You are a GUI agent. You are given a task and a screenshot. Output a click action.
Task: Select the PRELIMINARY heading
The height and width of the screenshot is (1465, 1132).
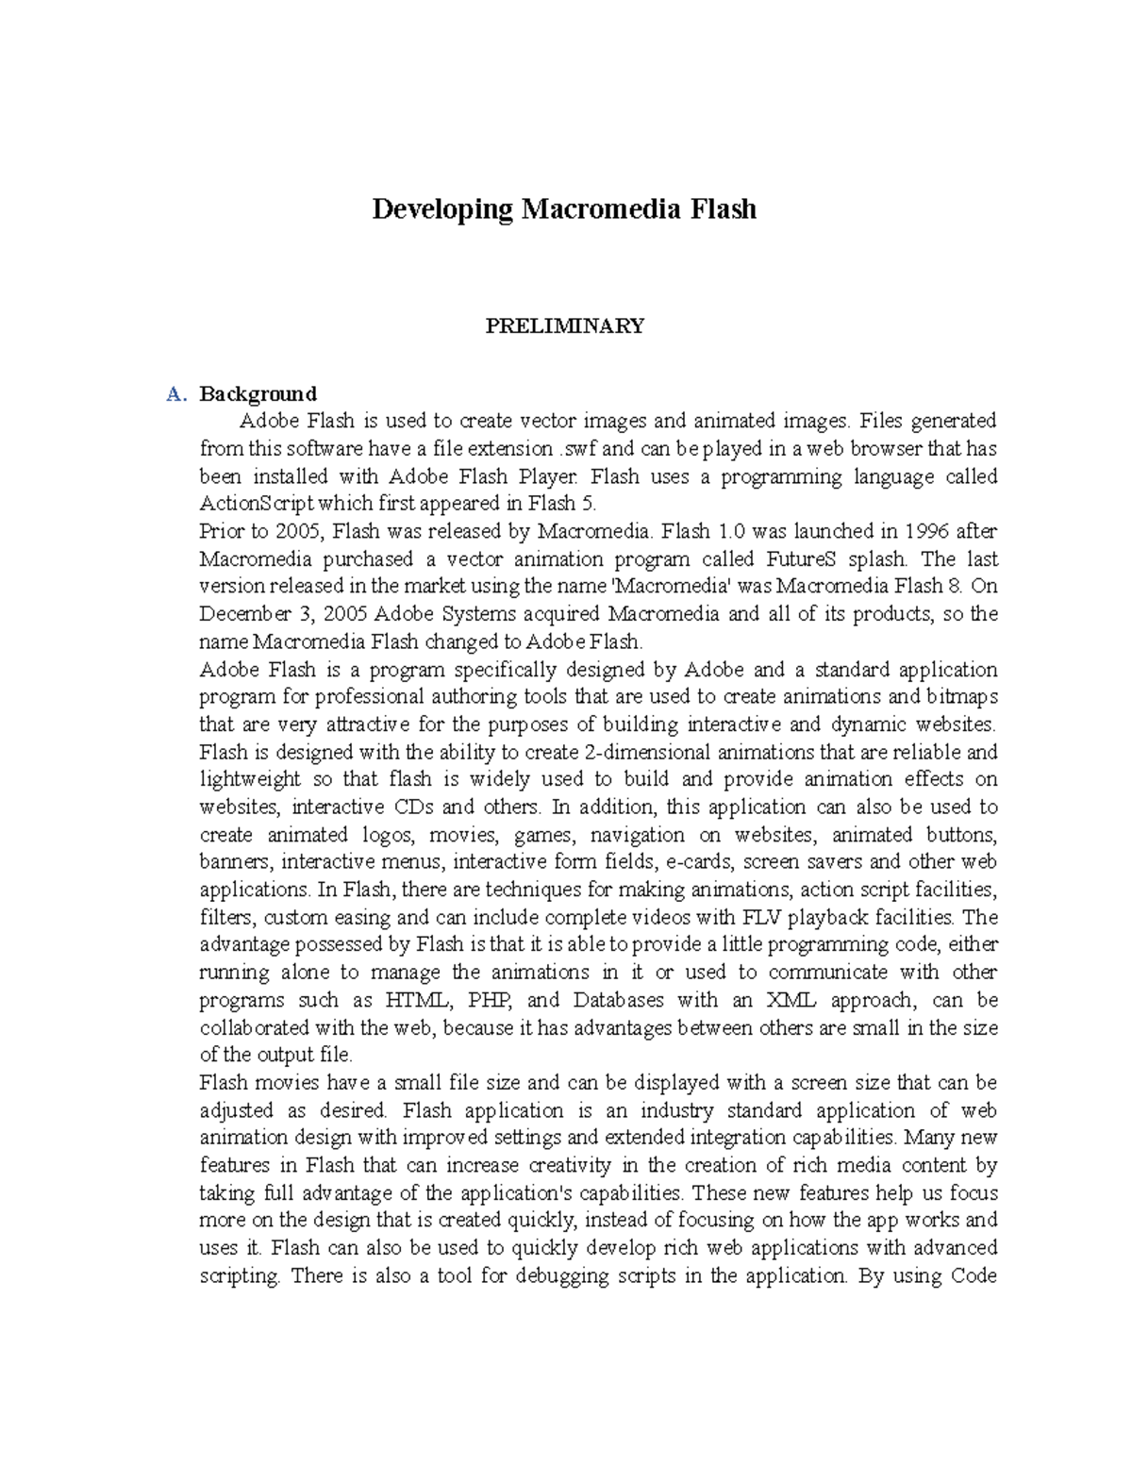tap(564, 326)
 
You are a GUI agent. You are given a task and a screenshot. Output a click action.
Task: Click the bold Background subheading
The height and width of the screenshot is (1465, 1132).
tap(258, 393)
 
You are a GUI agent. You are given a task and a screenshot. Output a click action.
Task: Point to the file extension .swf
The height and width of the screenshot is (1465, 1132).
tap(576, 448)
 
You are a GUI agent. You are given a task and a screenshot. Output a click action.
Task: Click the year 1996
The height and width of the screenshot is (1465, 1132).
tap(926, 531)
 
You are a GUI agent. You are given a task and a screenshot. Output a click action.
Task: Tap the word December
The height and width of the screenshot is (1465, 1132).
tap(245, 614)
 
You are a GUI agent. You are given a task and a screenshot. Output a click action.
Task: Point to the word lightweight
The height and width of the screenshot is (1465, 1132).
tap(250, 779)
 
